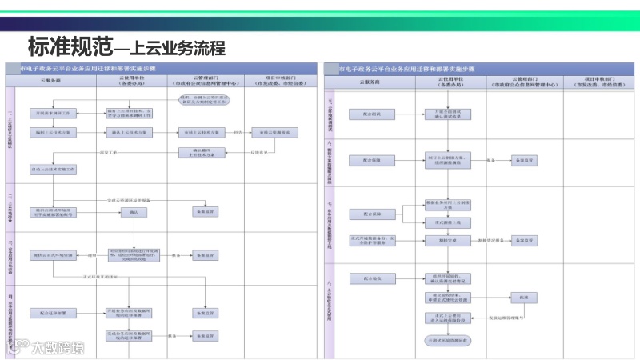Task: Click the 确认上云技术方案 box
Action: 127,133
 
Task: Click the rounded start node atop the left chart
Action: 203,99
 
